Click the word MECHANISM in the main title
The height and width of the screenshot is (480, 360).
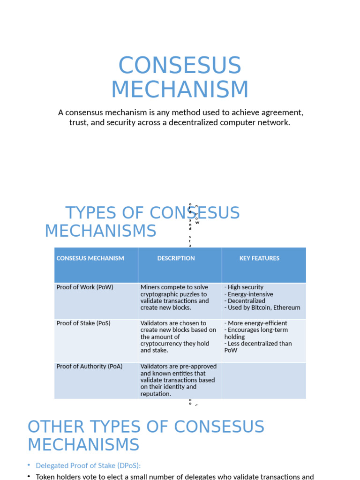(x=180, y=90)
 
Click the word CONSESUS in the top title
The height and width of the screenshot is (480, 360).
(x=180, y=66)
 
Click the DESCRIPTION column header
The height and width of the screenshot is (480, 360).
(x=176, y=258)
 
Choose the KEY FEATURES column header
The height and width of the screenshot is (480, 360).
(x=259, y=258)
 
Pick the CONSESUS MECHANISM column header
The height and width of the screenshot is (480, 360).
(x=90, y=258)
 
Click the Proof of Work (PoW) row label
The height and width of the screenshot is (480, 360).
(x=85, y=287)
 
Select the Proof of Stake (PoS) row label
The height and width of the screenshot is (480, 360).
(x=83, y=323)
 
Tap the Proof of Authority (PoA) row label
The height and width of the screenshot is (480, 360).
(x=89, y=366)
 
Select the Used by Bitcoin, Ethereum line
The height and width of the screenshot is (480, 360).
(x=262, y=307)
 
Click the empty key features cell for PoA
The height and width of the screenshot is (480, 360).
(x=264, y=380)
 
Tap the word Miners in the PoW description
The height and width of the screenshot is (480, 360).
(x=150, y=287)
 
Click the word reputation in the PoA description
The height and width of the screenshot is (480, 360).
(x=156, y=394)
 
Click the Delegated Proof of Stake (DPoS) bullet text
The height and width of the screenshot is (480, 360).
(x=88, y=465)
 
